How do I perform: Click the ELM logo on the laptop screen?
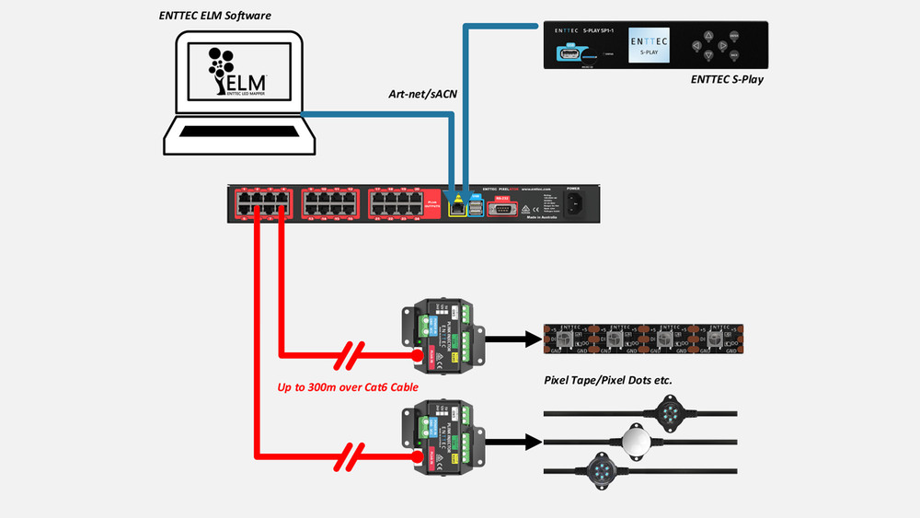click(x=237, y=71)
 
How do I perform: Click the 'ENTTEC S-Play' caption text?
click(x=727, y=80)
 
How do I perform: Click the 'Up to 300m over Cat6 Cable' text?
click(x=348, y=387)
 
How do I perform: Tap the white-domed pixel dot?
click(x=637, y=441)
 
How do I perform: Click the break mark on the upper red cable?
click(x=353, y=353)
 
